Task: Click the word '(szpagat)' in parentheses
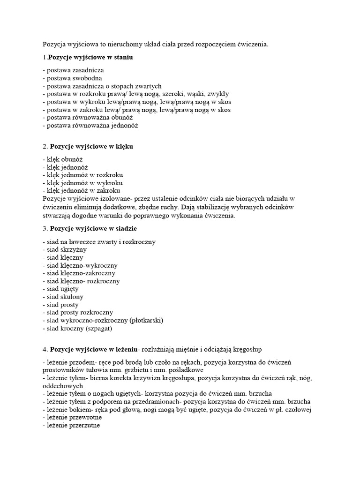pos(99,329)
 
